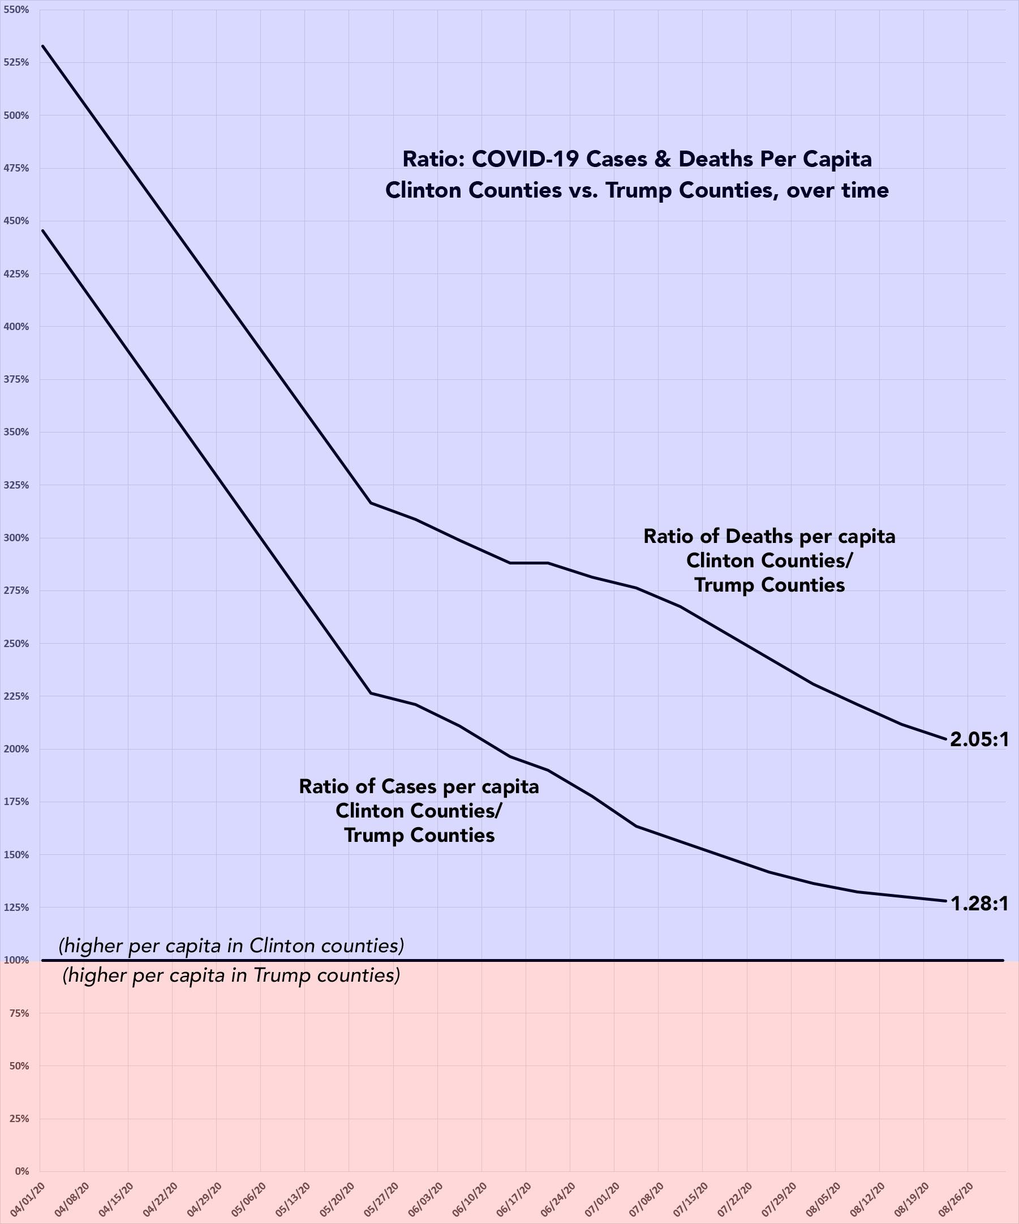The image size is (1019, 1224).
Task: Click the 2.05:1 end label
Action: pos(979,739)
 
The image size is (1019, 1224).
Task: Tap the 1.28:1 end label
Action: pos(979,904)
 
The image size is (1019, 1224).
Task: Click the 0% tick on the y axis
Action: pos(21,1171)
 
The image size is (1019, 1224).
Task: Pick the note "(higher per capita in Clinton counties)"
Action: pos(231,945)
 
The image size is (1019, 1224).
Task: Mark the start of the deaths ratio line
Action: pos(42,45)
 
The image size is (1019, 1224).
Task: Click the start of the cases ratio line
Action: pos(42,230)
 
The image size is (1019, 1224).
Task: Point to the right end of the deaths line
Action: pos(945,739)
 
